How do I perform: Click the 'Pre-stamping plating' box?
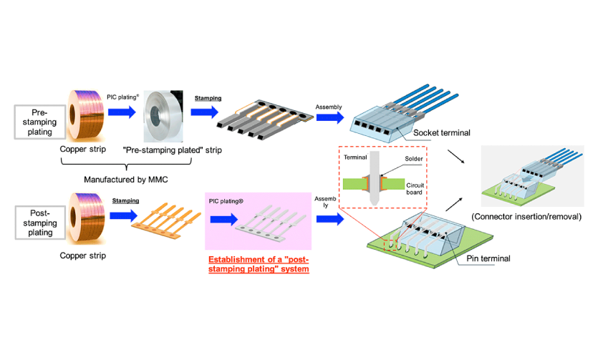tap(40, 122)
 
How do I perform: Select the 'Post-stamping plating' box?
tap(40, 223)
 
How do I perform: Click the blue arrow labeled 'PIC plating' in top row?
tap(122, 112)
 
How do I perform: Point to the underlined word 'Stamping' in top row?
tap(208, 98)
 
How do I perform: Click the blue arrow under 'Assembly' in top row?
tap(330, 117)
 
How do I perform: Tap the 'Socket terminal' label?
tap(442, 133)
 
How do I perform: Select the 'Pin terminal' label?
tap(488, 258)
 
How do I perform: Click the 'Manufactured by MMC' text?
tap(126, 180)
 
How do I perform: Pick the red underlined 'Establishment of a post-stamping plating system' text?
tap(259, 264)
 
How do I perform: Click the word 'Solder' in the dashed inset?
tap(414, 159)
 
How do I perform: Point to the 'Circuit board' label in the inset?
tap(415, 189)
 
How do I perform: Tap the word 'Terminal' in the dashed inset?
tap(355, 157)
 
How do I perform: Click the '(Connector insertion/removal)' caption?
tap(526, 217)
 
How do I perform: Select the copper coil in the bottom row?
tap(86, 218)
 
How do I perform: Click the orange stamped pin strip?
tap(166, 221)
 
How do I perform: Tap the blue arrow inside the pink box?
tap(224, 219)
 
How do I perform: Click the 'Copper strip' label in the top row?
tap(83, 150)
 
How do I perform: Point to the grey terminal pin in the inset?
tap(374, 178)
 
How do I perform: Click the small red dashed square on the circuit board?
tap(390, 245)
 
